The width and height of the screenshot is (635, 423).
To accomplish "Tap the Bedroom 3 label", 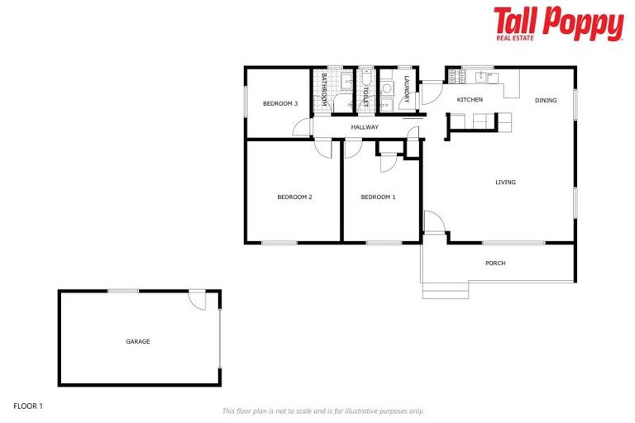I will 279,103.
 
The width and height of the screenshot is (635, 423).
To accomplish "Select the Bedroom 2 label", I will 294,197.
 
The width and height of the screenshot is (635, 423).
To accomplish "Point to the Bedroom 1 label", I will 378,197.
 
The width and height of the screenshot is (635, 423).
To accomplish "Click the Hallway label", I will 365,127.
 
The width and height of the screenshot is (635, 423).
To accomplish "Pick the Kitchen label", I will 470,100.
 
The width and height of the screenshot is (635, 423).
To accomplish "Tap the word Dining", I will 546,100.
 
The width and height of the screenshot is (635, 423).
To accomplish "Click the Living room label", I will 505,183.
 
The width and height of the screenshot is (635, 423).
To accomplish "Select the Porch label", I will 495,264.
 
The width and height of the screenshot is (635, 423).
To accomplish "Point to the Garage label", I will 138,341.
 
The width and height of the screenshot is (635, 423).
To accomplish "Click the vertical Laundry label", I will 407,89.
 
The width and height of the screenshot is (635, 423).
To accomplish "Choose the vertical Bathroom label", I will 324,88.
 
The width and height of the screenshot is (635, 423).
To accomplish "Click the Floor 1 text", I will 28,406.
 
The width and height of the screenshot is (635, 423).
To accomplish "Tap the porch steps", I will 439,290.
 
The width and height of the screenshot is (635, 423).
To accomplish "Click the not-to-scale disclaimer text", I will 323,411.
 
